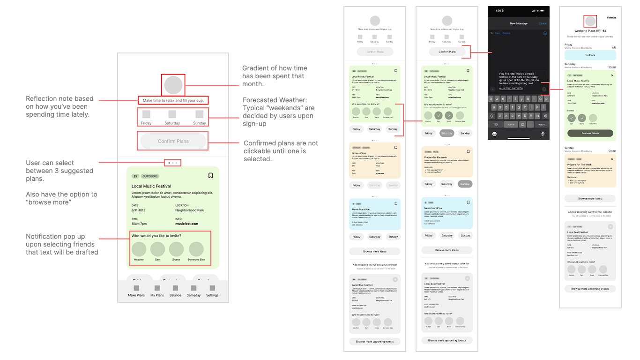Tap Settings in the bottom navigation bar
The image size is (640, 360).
(x=212, y=291)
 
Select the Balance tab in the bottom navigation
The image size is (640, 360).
(x=175, y=291)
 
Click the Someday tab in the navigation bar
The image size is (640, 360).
(x=193, y=291)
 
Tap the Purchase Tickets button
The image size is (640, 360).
(x=590, y=133)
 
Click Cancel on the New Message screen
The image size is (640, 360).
(x=543, y=23)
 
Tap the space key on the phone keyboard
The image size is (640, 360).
(x=511, y=124)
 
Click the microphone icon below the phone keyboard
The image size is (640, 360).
(x=543, y=134)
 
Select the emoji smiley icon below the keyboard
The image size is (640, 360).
(x=494, y=134)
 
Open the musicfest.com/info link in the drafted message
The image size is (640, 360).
(x=511, y=88)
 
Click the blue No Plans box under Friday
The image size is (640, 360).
(x=590, y=55)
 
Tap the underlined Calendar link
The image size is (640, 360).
(x=611, y=17)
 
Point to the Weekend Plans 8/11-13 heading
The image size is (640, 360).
(x=590, y=31)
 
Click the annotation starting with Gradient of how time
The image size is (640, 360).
(x=275, y=76)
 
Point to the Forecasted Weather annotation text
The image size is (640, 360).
(x=278, y=112)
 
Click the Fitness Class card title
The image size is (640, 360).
(x=359, y=153)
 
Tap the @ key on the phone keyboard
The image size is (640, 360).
(x=521, y=124)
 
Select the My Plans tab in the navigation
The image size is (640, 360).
(x=157, y=291)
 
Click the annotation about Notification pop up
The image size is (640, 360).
(x=62, y=244)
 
